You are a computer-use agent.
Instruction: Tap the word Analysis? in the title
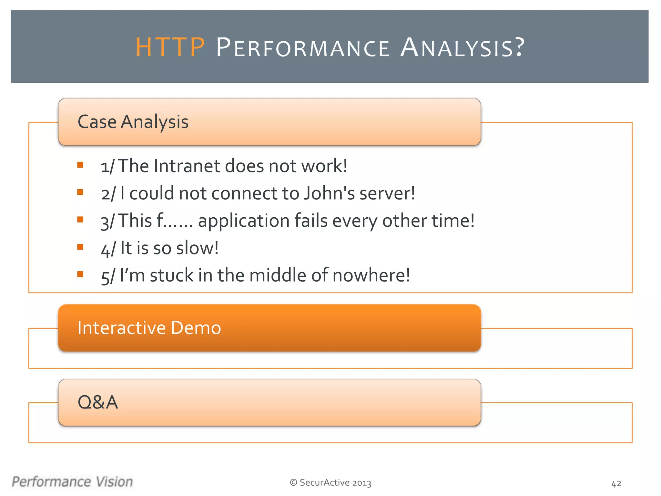tap(463, 48)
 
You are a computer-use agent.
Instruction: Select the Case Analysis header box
tap(269, 122)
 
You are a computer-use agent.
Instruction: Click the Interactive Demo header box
tap(269, 328)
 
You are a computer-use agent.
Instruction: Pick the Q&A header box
tap(269, 402)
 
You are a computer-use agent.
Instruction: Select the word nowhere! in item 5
tap(371, 275)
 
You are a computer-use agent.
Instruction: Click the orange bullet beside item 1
tap(80, 165)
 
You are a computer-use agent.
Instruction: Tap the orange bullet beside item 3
tap(80, 220)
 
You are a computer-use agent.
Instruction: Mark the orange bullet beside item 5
tap(80, 274)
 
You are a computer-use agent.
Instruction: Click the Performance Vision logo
tap(72, 481)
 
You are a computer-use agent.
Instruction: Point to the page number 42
tap(616, 483)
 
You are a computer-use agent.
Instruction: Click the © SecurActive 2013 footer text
tap(330, 482)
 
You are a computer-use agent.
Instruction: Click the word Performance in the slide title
tap(302, 48)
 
